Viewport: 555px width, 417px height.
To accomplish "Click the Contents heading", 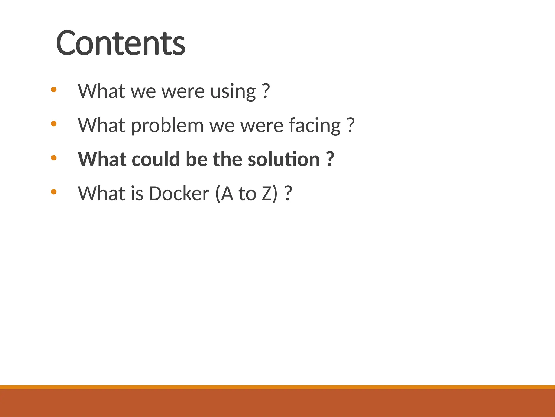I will pyautogui.click(x=121, y=43).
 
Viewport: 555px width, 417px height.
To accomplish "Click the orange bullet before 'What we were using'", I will pyautogui.click(x=54, y=89).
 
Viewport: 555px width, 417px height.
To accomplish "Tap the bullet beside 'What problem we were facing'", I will pyautogui.click(x=54, y=124).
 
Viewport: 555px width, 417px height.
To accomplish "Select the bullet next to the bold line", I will pyautogui.click(x=54, y=158).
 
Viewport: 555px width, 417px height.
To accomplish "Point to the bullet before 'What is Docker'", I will pyautogui.click(x=54, y=192).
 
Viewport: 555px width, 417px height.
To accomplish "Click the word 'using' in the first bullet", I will pyautogui.click(x=233, y=92).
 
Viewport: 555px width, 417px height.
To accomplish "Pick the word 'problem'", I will pyautogui.click(x=167, y=126).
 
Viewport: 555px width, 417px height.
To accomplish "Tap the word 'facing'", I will pyautogui.click(x=314, y=126).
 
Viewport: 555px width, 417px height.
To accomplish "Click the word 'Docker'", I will pyautogui.click(x=179, y=194).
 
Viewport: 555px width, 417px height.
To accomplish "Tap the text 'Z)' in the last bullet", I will pyautogui.click(x=270, y=194).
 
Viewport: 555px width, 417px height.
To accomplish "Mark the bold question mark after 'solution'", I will pyautogui.click(x=330, y=159).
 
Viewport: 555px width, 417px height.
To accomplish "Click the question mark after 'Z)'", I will pyautogui.click(x=288, y=194).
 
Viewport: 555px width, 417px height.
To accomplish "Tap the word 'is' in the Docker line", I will pyautogui.click(x=137, y=194).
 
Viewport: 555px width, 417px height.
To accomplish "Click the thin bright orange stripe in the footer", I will pyautogui.click(x=277, y=387).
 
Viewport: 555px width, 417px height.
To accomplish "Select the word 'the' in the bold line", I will pyautogui.click(x=227, y=160).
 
